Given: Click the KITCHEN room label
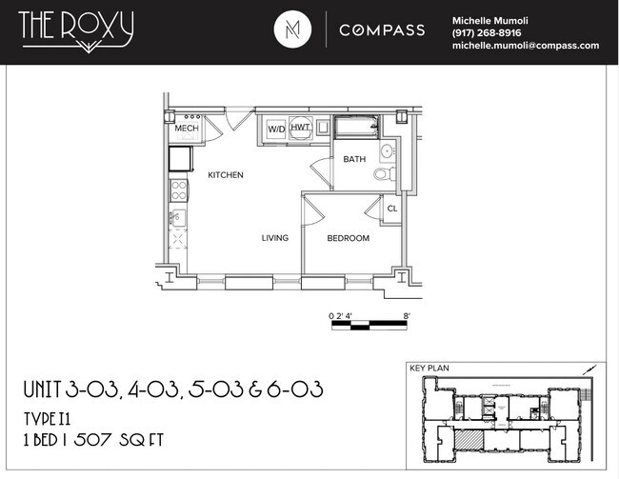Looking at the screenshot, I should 227,175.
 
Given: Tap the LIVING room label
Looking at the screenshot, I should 275,238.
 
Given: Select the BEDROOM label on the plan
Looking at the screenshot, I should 348,238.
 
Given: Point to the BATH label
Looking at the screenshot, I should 354,159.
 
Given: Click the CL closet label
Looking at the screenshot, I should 391,209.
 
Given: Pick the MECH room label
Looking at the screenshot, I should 186,129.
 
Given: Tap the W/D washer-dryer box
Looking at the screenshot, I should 276,129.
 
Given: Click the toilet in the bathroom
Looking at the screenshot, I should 382,174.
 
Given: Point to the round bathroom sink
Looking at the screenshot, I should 388,151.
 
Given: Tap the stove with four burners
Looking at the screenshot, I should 177,190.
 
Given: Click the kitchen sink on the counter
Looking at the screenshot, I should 178,220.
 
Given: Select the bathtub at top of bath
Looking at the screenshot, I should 354,127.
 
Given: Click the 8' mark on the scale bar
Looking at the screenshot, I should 407,315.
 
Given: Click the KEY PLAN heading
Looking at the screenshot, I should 428,367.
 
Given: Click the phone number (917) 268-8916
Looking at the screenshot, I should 487,32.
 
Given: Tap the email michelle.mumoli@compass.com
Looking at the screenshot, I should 525,45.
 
